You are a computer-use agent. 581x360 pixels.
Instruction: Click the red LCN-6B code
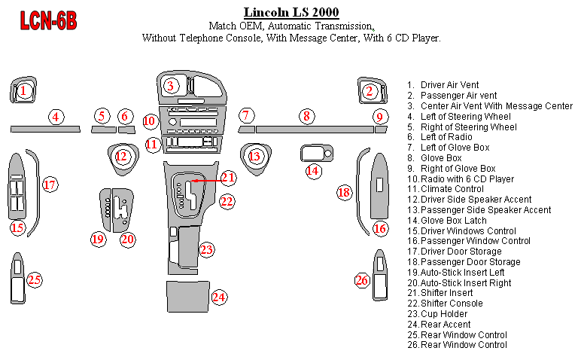[x=47, y=20]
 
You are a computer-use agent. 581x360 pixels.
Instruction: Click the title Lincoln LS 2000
[x=291, y=12]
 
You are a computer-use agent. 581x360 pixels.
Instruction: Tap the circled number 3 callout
[x=172, y=85]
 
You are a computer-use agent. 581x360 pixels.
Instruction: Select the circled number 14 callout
[x=313, y=171]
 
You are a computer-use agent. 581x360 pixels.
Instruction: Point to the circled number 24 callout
[x=219, y=297]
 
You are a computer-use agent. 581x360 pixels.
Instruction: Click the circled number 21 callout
[x=229, y=178]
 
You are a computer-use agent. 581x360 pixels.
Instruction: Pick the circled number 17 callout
[x=50, y=185]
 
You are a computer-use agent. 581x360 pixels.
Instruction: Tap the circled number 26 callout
[x=362, y=281]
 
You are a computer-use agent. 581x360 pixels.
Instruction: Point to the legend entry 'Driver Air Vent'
[x=449, y=85]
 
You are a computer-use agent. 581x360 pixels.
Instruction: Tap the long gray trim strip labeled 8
[x=314, y=130]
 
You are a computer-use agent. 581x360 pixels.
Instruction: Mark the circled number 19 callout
[x=98, y=239]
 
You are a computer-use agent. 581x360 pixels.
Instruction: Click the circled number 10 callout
[x=150, y=121]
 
